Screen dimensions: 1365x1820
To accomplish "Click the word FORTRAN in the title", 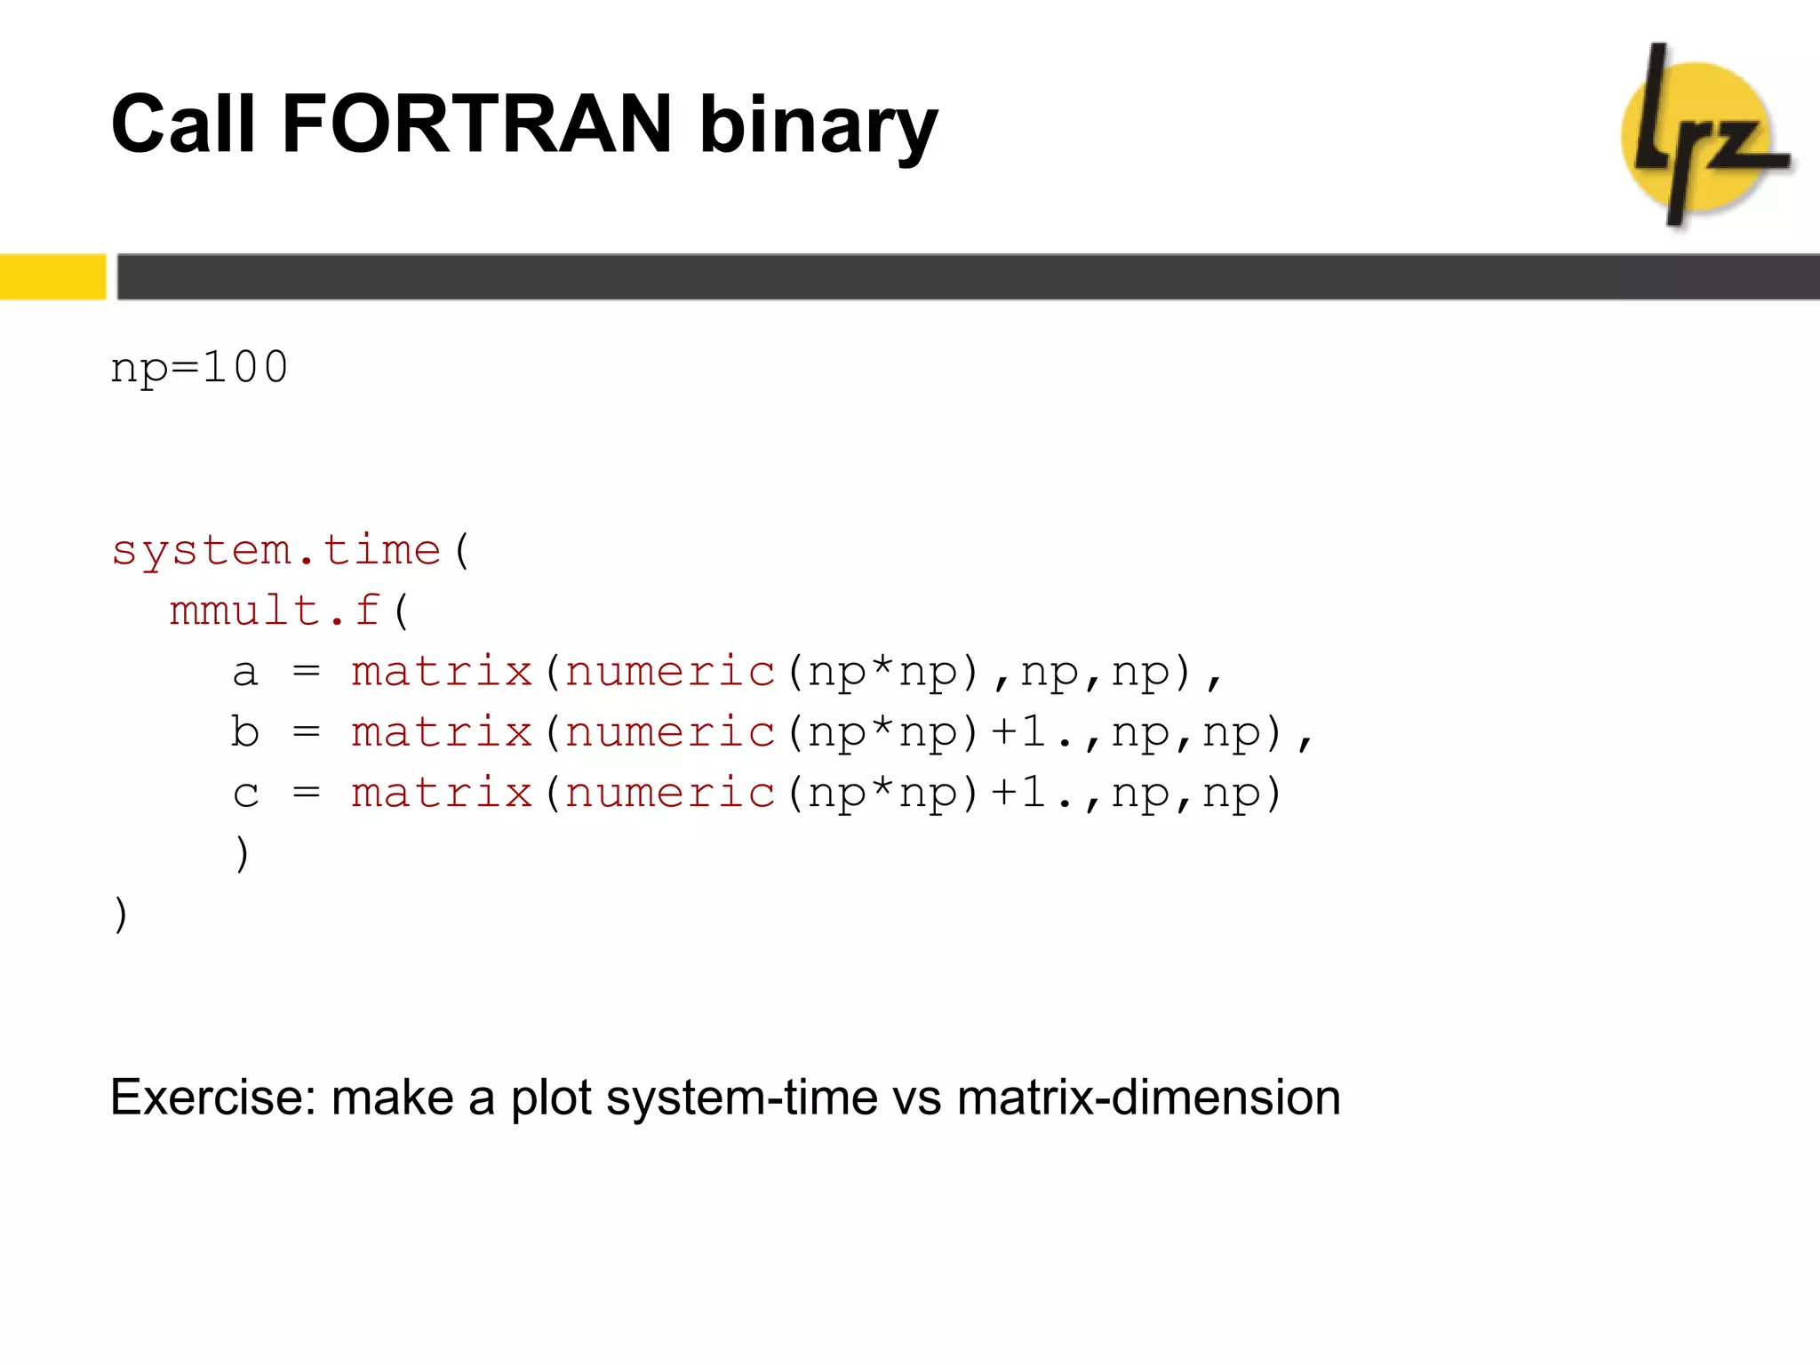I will click(475, 124).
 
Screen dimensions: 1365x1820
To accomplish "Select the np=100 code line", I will click(199, 367).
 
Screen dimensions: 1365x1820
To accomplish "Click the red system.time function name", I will click(276, 550).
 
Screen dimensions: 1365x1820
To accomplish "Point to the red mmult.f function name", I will click(275, 611).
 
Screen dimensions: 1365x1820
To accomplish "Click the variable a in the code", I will click(245, 672).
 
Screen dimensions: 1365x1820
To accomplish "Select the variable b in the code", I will click(245, 732).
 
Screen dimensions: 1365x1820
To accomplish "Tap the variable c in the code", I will click(245, 794).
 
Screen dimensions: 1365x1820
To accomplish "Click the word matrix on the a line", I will click(442, 672).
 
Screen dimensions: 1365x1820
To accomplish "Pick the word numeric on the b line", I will click(670, 732).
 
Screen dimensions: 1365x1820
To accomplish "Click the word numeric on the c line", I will click(670, 794).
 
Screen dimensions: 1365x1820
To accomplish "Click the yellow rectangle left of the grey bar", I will click(52, 276).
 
